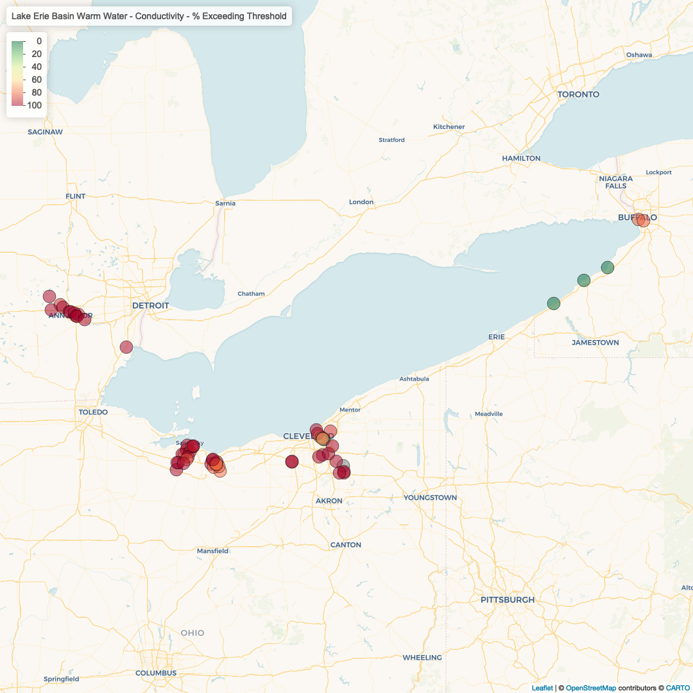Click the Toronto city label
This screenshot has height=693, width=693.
coord(578,94)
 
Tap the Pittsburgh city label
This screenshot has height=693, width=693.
coord(508,600)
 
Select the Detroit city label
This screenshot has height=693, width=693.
coord(150,305)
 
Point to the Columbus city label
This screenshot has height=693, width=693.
coord(155,673)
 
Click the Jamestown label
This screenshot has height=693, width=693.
coord(595,343)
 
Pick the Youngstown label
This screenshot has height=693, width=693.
coord(430,498)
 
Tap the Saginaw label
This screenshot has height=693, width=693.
coord(46,132)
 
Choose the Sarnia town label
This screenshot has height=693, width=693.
coord(225,203)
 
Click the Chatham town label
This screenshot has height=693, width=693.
coord(251,294)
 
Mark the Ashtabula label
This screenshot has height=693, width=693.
coord(414,379)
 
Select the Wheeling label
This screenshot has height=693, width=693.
coord(422,658)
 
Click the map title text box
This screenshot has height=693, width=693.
coord(149,16)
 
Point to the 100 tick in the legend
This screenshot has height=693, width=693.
coord(35,105)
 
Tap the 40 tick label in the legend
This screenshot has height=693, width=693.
coord(36,67)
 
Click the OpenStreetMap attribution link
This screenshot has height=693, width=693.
coord(590,688)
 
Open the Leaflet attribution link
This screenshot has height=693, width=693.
coord(542,688)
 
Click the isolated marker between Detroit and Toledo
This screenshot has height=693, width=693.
coord(126,347)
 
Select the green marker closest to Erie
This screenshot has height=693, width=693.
coord(554,303)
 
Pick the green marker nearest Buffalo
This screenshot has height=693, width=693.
coord(608,267)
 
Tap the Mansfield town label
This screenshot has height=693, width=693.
coord(212,551)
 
